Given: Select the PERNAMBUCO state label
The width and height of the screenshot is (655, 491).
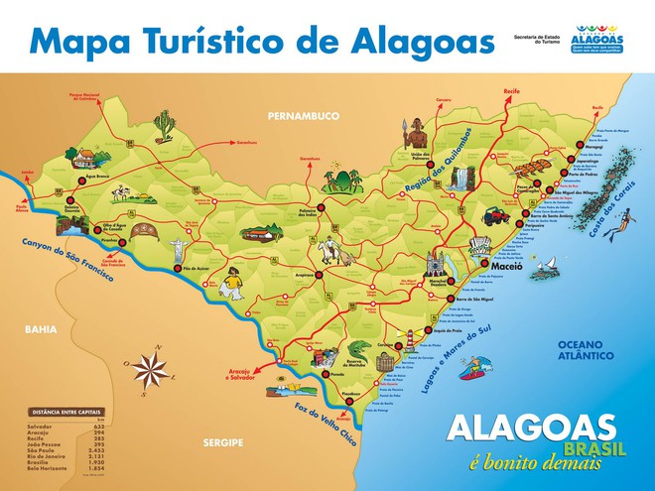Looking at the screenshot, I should point(303,116).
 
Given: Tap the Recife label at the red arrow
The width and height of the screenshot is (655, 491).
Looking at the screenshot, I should point(511,89).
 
